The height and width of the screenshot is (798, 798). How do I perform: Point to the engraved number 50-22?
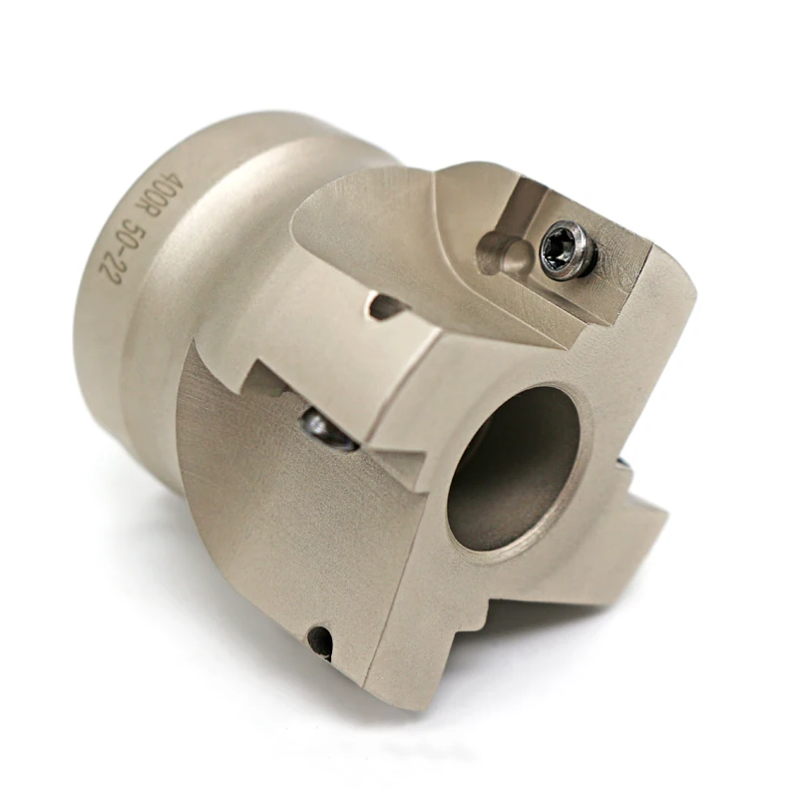click(x=127, y=253)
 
